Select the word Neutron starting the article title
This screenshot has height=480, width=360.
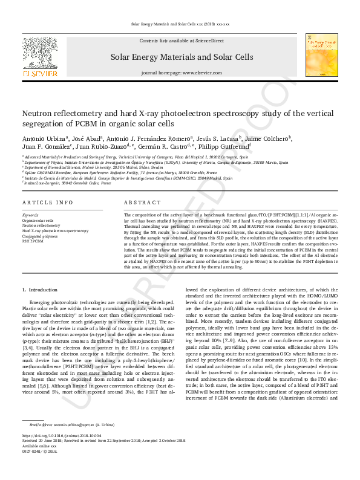tap(37, 114)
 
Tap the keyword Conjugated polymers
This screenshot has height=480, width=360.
tap(40, 236)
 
